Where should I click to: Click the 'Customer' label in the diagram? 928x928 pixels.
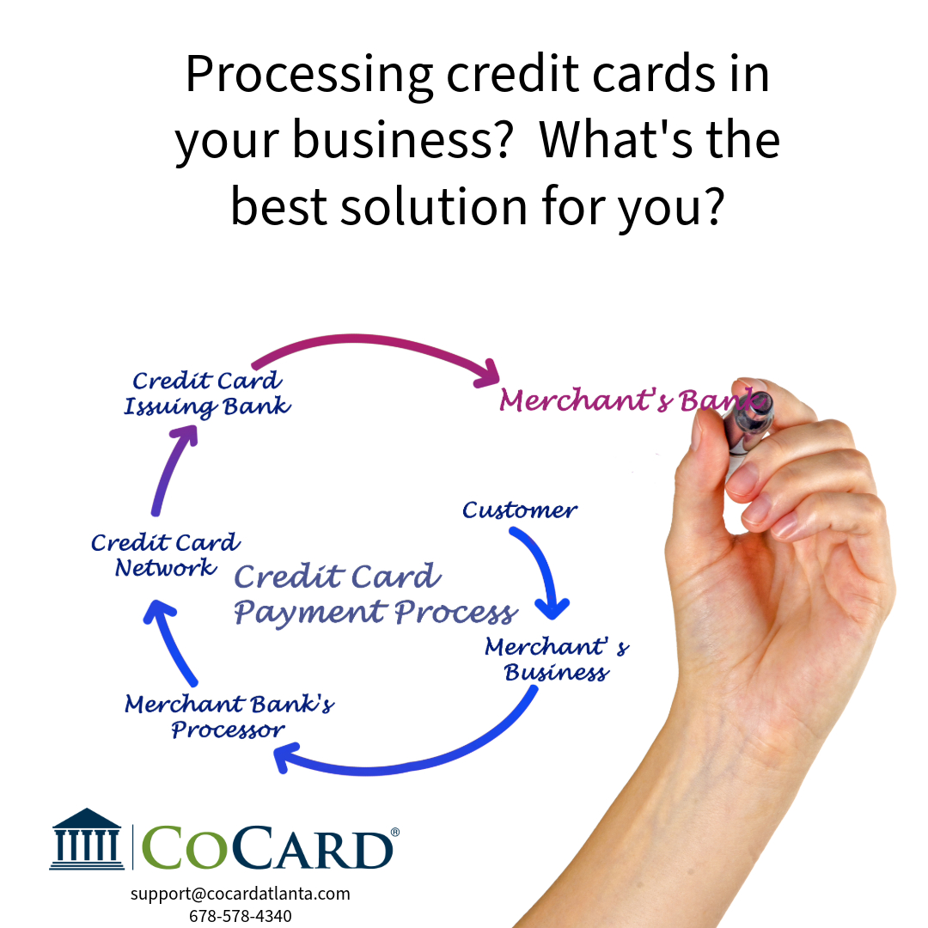click(520, 510)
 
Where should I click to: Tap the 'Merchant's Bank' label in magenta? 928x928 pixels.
click(628, 400)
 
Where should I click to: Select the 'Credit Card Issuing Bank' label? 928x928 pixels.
click(207, 394)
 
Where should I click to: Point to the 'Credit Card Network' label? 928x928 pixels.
click(166, 554)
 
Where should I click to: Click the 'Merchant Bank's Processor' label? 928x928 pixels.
click(229, 716)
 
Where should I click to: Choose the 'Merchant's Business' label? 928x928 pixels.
click(557, 659)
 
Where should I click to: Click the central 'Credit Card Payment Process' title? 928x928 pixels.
click(375, 595)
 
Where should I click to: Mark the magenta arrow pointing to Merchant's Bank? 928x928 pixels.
click(367, 339)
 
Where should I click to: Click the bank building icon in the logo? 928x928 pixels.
click(87, 839)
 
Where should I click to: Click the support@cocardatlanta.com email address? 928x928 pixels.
click(241, 893)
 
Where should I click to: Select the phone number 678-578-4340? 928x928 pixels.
click(241, 916)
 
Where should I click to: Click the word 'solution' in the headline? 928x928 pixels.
click(434, 206)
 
